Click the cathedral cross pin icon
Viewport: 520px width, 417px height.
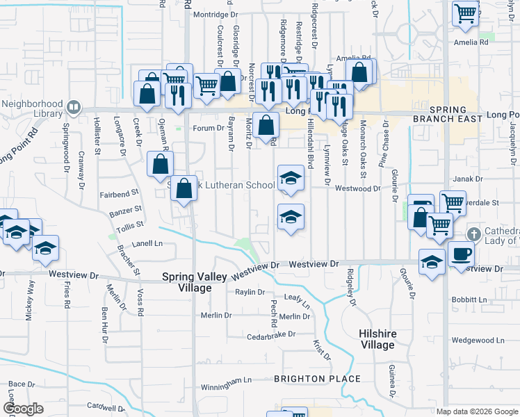tap(474, 234)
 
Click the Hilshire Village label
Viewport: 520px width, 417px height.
tap(377, 339)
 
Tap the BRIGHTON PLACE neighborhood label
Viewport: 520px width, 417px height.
tap(317, 379)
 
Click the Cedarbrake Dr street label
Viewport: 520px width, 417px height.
tap(271, 336)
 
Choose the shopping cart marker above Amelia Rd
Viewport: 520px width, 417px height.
tap(465, 13)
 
